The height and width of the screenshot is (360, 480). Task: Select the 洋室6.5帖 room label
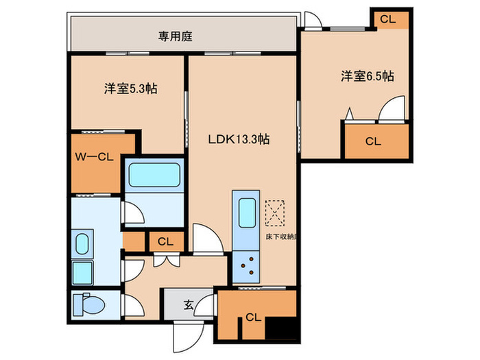tap(367, 76)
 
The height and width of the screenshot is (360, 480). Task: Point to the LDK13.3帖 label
tap(239, 139)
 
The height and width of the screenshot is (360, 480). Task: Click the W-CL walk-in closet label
tap(95, 156)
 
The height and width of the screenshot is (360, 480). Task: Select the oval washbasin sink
tap(81, 243)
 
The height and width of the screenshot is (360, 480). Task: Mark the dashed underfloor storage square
tap(276, 212)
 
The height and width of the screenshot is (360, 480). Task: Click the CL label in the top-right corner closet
tap(387, 20)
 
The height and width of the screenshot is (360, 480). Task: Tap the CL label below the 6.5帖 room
tap(372, 142)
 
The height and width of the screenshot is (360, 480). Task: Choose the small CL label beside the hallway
tap(165, 241)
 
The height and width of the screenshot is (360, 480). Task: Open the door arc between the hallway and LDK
tap(204, 237)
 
